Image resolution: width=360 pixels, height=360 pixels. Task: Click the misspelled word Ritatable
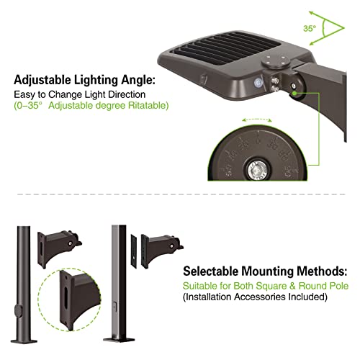coord(148,104)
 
